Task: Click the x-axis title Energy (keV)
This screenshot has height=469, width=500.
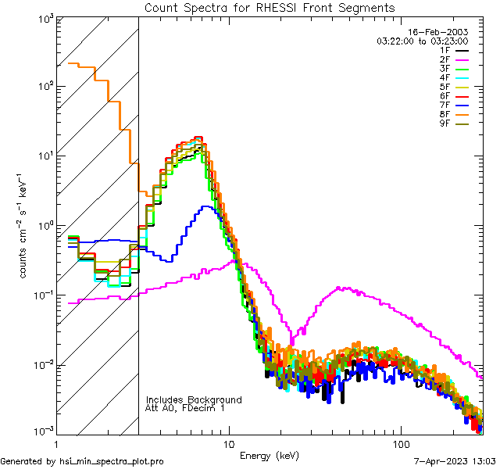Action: click(269, 455)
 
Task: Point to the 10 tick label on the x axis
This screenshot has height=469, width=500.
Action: click(228, 443)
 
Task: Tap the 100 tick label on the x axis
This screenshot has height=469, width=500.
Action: click(401, 443)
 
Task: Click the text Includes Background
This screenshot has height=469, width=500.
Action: click(193, 400)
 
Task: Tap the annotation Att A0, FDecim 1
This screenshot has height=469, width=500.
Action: click(184, 408)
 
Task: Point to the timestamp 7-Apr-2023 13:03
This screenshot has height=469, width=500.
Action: click(452, 461)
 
